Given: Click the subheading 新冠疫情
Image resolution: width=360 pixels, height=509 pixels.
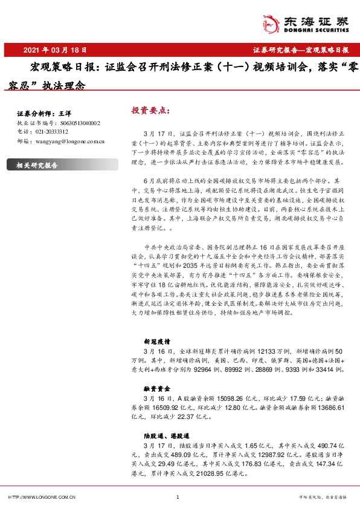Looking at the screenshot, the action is tap(155, 341).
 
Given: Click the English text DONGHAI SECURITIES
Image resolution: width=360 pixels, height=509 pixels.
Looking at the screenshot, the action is tap(315, 28).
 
